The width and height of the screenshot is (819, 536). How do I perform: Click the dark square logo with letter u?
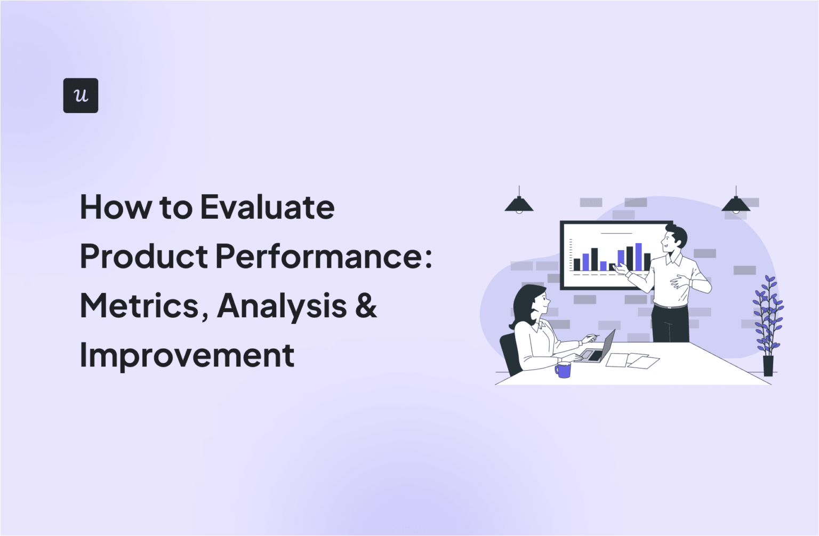click(x=81, y=95)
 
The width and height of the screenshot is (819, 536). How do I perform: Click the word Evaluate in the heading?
click(x=267, y=207)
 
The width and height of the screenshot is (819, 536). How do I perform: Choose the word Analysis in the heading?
click(x=282, y=306)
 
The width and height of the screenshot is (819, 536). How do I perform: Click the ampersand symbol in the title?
click(x=366, y=306)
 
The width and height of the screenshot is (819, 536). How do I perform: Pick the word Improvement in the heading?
click(x=187, y=355)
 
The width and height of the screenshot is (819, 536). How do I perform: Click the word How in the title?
click(x=115, y=207)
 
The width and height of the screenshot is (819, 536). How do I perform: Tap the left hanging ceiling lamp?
click(x=519, y=203)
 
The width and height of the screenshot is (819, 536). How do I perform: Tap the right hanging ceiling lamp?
click(x=736, y=203)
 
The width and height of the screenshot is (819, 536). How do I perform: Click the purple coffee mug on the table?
click(x=563, y=370)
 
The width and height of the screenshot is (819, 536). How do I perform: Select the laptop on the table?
click(x=599, y=349)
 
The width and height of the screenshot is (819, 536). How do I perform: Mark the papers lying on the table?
click(x=632, y=361)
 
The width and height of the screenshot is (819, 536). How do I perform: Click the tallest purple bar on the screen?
click(x=638, y=257)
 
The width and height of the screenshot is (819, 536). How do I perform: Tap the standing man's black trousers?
click(x=670, y=324)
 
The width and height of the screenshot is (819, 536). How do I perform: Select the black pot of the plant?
click(x=768, y=365)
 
